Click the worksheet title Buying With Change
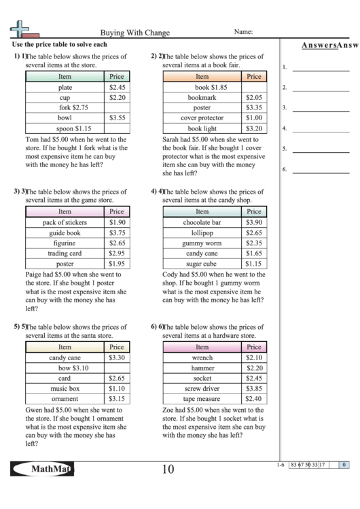tap(135, 33)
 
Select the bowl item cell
tap(65, 118)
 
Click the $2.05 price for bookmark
tap(254, 98)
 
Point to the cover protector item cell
tap(202, 118)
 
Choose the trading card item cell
tap(65, 253)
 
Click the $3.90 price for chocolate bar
tap(254, 222)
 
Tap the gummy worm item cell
tap(202, 243)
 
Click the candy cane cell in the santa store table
tap(65, 357)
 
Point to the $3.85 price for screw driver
tap(254, 388)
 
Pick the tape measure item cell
tap(202, 399)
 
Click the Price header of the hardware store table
tap(254, 347)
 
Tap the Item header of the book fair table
tap(202, 77)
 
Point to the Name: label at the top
tap(244, 32)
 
